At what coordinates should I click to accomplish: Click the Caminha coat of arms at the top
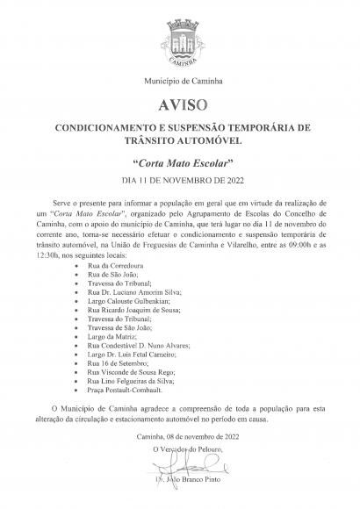pyautogui.click(x=181, y=44)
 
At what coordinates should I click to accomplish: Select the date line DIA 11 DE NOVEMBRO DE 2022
pyautogui.click(x=181, y=181)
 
